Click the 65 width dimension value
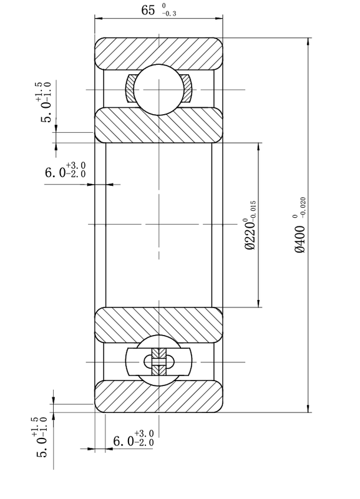(x=148, y=10)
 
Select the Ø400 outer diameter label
(x=300, y=240)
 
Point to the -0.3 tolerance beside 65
(x=169, y=14)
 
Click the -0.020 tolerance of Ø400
(x=303, y=208)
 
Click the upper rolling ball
(x=159, y=90)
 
